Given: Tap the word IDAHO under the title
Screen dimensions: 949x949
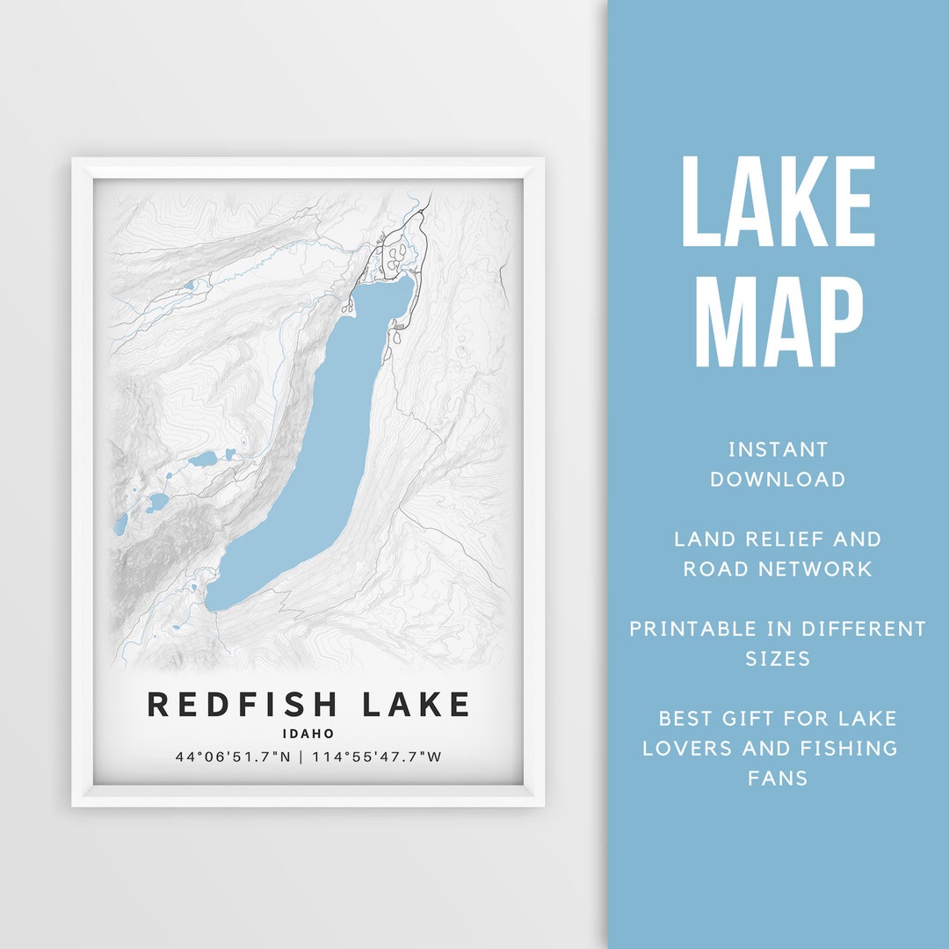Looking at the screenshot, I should [x=308, y=733].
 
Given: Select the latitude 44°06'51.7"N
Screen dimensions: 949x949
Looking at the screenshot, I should [x=233, y=757].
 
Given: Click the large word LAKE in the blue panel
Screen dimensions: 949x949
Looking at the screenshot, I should [x=778, y=203].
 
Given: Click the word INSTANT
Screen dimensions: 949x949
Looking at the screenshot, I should [x=778, y=450].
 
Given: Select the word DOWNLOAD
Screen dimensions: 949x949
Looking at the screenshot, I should [x=778, y=480].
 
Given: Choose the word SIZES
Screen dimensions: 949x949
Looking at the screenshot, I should [x=778, y=659].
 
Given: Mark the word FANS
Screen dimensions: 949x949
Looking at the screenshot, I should [x=778, y=779].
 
